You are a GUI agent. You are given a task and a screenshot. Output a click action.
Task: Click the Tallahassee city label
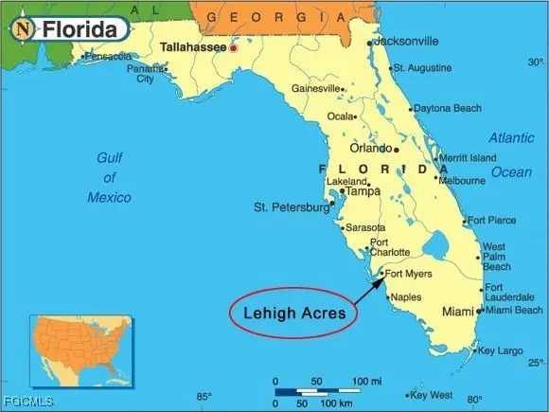[193, 46]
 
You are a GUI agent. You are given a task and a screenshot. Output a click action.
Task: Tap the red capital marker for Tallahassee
[234, 47]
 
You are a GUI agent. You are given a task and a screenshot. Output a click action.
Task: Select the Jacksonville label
[406, 42]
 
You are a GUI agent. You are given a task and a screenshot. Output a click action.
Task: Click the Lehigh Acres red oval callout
[292, 312]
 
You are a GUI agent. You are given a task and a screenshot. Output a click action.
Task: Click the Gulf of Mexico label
[110, 177]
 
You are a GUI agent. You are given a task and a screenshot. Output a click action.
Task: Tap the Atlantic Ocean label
[511, 154]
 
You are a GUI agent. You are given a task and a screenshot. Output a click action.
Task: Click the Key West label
[433, 395]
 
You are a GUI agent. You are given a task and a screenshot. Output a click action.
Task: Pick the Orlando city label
[371, 149]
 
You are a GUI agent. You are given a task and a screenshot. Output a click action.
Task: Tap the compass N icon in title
[22, 29]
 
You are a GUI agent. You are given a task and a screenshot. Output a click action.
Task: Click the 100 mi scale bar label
[367, 380]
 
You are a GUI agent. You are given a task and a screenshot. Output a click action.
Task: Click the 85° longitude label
[204, 397]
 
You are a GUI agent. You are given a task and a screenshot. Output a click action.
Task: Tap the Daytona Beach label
[447, 109]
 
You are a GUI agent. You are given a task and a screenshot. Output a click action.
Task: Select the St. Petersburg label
[290, 206]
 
